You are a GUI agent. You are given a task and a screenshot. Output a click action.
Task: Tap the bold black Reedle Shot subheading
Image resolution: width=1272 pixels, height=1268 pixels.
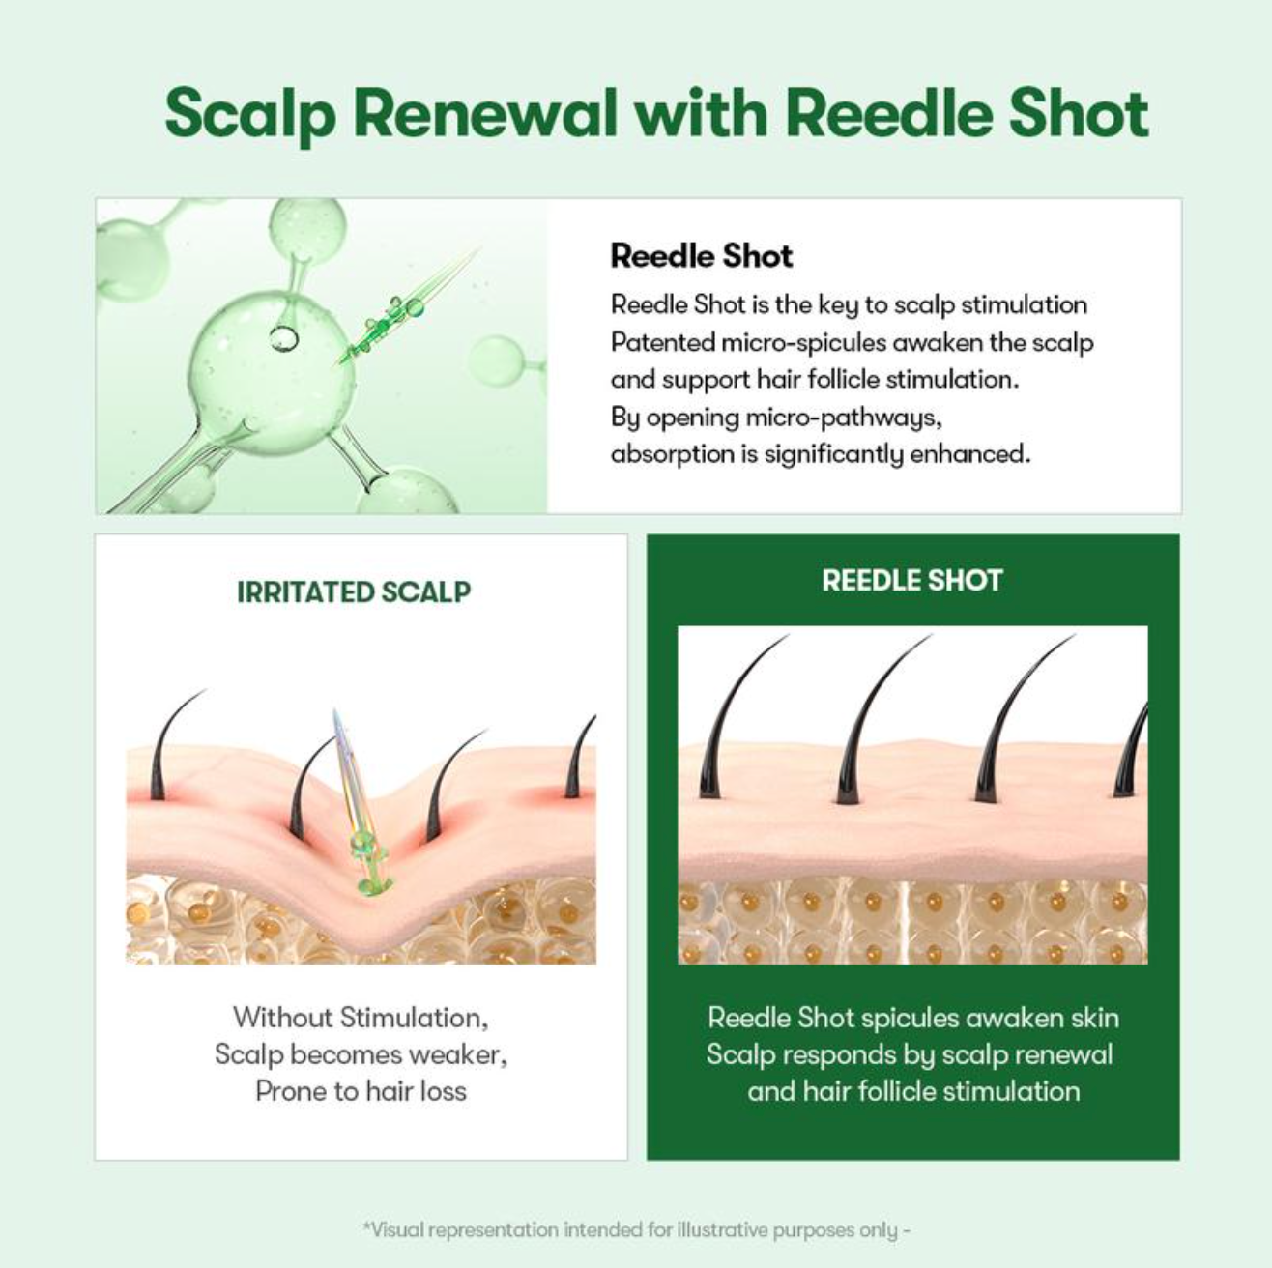tap(701, 256)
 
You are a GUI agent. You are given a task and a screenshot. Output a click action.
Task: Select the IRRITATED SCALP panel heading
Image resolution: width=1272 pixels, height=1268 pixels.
tap(354, 592)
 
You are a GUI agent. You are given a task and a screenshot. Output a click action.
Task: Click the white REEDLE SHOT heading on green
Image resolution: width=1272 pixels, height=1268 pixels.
tap(912, 581)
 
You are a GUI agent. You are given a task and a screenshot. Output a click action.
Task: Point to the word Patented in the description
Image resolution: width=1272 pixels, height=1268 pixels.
tap(663, 342)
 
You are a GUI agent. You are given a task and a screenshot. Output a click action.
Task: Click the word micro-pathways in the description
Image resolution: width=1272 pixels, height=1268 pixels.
tap(843, 418)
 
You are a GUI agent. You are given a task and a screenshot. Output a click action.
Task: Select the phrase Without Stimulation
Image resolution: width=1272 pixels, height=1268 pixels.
tap(361, 1017)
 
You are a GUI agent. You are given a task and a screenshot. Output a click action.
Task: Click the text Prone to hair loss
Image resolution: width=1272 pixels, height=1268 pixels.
tap(361, 1090)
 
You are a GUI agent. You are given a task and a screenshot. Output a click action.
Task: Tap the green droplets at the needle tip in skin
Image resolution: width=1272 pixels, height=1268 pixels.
tap(365, 865)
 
